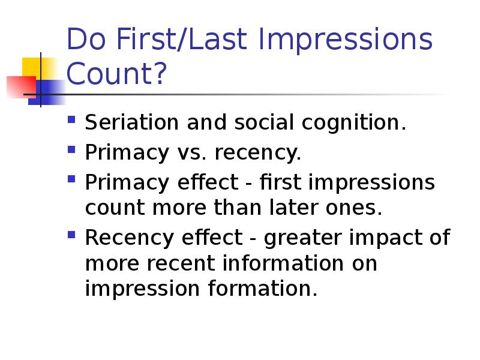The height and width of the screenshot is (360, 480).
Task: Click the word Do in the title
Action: coord(86,39)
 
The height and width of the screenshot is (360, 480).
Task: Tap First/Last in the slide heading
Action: coord(182,39)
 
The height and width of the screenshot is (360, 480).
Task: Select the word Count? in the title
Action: coord(116,73)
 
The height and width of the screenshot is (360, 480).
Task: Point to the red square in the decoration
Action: coord(22,87)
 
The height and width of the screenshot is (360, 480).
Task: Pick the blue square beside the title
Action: coord(47,92)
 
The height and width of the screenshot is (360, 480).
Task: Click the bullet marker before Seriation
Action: coord(71,119)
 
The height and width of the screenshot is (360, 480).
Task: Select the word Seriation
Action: coord(131,122)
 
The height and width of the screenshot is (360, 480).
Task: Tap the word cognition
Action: coord(353,123)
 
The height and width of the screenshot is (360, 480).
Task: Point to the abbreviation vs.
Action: coord(191,153)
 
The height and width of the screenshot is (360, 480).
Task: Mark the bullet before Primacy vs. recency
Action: coord(71,149)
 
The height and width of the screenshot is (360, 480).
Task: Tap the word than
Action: coord(237,207)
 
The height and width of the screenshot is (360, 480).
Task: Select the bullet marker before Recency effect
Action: coord(71,235)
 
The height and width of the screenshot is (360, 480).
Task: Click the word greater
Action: coord(302,238)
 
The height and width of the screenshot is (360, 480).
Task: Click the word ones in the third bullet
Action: coord(354,208)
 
